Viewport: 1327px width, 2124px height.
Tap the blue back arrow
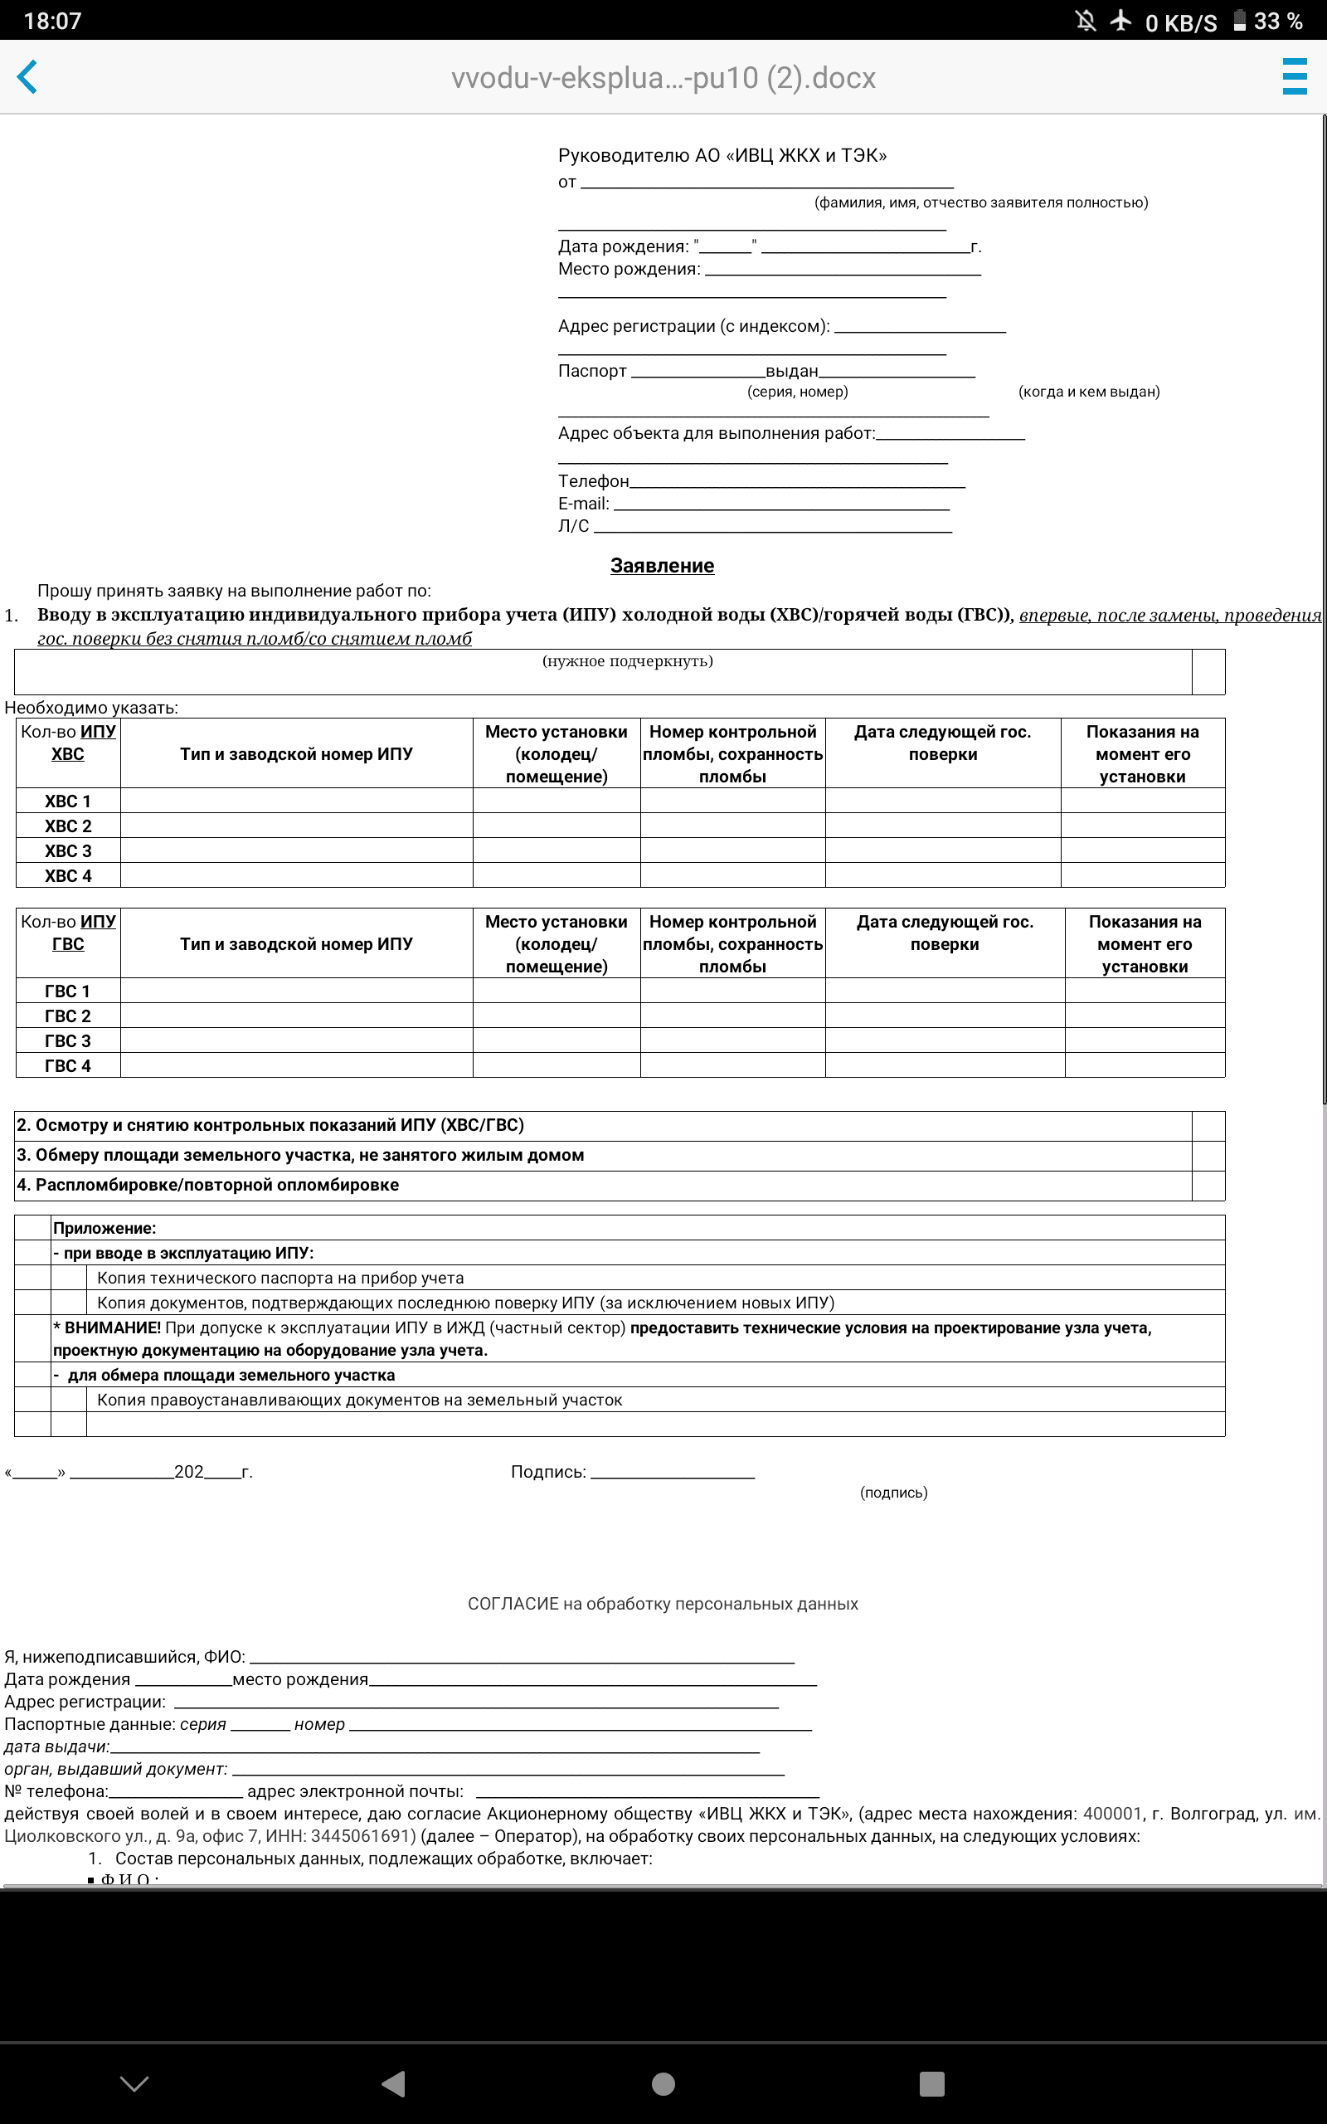[27, 77]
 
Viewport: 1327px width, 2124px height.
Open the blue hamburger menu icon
[1295, 77]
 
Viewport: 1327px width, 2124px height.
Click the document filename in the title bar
[663, 78]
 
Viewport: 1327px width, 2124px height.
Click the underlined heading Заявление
[662, 566]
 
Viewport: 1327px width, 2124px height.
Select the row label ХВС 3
[67, 850]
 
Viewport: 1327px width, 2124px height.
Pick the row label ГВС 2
[67, 1016]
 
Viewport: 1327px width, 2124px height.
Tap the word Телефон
[593, 481]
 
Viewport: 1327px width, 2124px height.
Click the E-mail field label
[584, 504]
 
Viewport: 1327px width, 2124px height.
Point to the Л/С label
[574, 526]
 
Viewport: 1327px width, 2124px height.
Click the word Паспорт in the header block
[592, 371]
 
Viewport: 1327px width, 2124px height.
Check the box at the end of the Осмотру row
[1208, 1126]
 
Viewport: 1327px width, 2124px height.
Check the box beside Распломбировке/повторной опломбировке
[1208, 1186]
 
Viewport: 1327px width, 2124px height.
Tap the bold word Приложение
[105, 1228]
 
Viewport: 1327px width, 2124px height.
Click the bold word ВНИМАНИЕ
[112, 1328]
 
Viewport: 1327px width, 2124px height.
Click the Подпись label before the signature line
[547, 1472]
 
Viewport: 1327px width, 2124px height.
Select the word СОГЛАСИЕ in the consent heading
[513, 1604]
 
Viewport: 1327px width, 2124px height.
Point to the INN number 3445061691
[362, 1836]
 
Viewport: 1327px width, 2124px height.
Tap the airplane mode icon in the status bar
[1120, 20]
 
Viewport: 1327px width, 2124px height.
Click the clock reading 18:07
[51, 21]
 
